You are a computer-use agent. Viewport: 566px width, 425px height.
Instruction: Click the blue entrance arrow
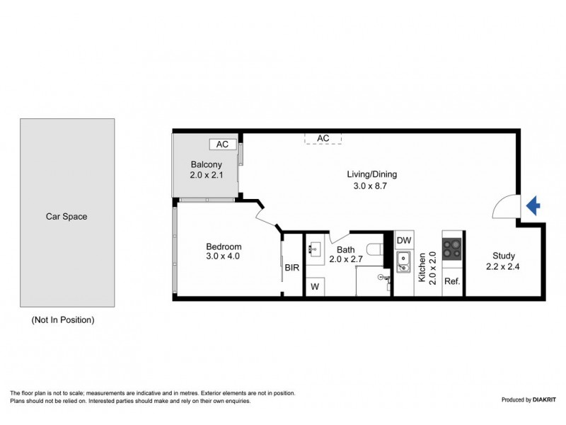[x=534, y=206]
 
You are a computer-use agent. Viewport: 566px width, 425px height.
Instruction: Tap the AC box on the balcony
[x=222, y=144]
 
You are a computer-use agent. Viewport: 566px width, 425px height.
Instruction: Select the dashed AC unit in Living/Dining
[x=323, y=137]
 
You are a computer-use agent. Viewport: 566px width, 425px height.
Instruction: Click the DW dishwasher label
[x=404, y=240]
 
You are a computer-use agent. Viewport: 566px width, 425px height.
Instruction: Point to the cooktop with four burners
[x=451, y=249]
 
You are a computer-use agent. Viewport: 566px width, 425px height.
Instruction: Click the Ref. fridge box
[x=451, y=281]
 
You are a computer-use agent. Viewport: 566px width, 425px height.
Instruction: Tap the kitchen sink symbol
[x=404, y=262]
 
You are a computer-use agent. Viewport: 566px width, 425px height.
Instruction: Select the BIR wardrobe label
[x=292, y=268]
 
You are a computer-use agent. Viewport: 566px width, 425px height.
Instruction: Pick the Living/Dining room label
[x=371, y=174]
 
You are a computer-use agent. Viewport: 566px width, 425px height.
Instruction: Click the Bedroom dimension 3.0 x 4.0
[x=224, y=256]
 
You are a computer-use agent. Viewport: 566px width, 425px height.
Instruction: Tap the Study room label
[x=500, y=256]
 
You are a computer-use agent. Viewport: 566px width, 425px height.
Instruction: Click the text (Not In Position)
[x=63, y=320]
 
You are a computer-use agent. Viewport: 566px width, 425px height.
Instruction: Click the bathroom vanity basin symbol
[x=316, y=249]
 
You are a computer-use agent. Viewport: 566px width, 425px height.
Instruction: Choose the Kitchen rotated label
[x=422, y=268]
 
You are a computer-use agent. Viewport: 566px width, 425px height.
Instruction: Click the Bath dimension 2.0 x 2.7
[x=345, y=259]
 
